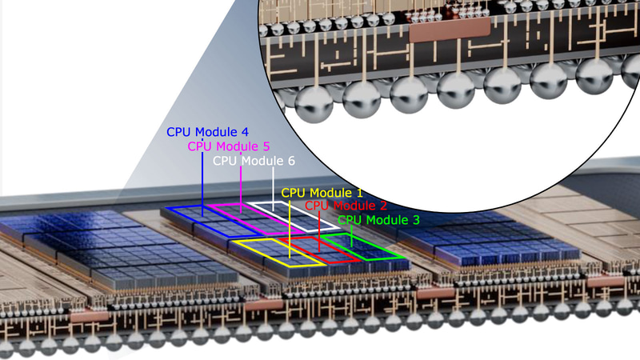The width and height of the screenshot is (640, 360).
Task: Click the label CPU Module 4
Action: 207,132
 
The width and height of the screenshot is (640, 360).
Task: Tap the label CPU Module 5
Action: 229,146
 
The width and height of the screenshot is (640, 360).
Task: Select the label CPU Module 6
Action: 254,161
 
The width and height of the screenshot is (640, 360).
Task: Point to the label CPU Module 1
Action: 322,194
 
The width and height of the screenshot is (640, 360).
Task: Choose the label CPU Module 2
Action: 346,206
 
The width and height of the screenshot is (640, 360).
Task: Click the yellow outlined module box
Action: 277,250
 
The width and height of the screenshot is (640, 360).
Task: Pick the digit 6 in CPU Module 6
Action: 290,161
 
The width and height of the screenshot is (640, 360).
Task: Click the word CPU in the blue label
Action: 179,132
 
